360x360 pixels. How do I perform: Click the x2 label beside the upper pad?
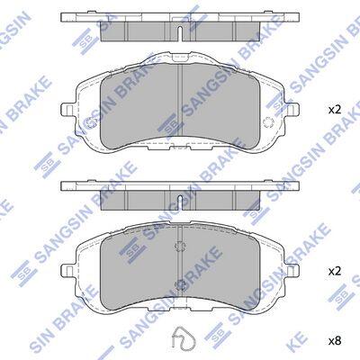click(x=335, y=110)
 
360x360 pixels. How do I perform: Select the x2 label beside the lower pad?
click(x=335, y=272)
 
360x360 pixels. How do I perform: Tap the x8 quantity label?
click(x=335, y=340)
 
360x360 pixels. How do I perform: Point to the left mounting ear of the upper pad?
click(x=67, y=110)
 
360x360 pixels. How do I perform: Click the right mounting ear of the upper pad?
click(x=292, y=110)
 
